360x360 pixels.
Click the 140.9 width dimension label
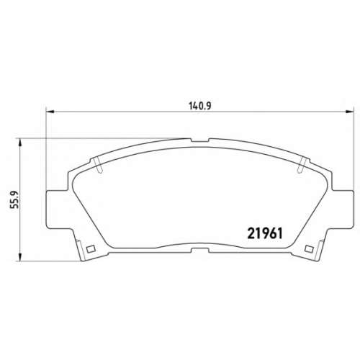(199, 106)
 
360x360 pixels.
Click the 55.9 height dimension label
(15, 199)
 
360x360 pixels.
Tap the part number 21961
(265, 233)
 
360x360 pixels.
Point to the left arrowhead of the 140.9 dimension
(49, 112)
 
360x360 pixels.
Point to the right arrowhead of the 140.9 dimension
(350, 112)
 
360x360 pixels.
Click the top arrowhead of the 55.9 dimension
(20, 142)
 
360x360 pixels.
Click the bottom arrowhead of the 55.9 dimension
(20, 257)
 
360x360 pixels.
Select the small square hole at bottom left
(90, 249)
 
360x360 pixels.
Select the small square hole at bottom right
(309, 249)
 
